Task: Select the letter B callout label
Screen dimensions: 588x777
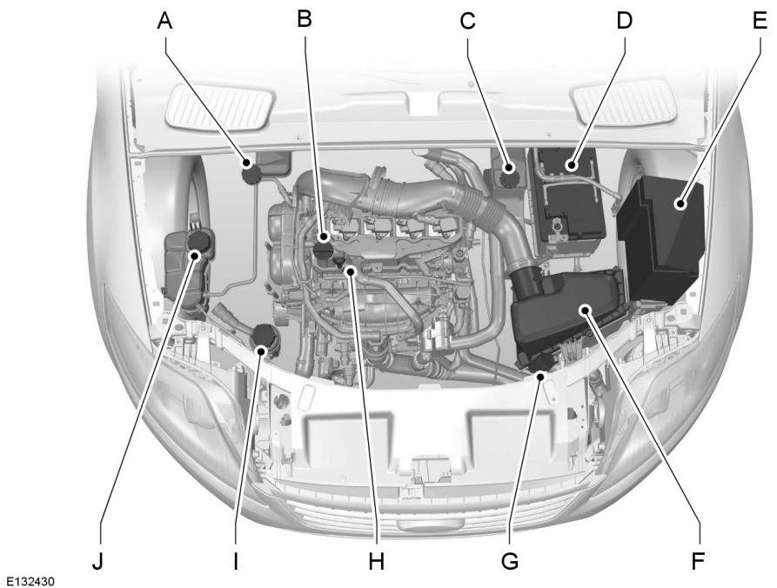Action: [x=304, y=18]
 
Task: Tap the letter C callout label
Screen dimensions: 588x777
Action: [x=467, y=22]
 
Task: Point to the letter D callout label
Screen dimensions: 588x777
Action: [x=622, y=20]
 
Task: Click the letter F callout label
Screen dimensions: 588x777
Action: [x=697, y=561]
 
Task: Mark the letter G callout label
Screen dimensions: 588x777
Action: [x=510, y=562]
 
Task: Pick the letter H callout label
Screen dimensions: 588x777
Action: [x=375, y=562]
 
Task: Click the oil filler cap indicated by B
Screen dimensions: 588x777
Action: [x=324, y=250]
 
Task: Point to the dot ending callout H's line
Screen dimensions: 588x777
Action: [x=350, y=271]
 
